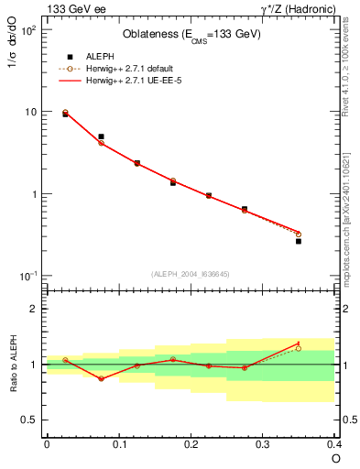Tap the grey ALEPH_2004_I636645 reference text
pos(191,273)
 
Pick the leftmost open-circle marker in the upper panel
pos(65,112)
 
